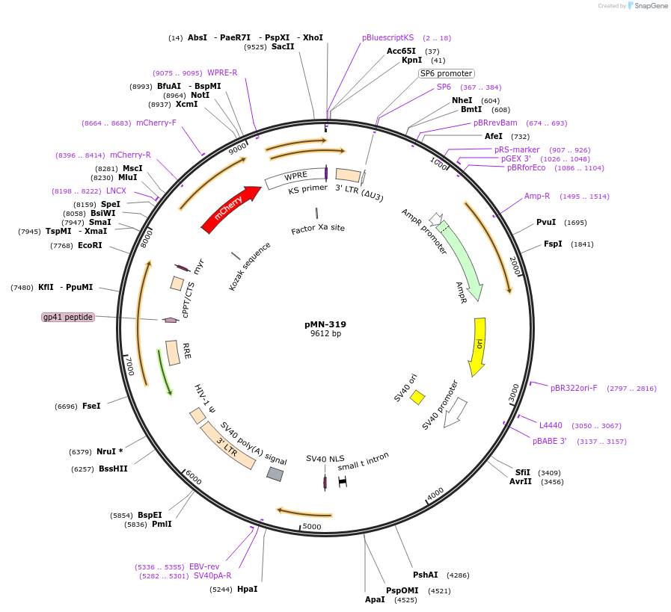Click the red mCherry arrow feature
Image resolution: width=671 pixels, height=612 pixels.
click(x=230, y=210)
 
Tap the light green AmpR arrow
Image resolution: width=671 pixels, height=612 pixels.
click(x=462, y=259)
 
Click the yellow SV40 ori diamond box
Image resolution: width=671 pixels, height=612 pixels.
click(x=417, y=397)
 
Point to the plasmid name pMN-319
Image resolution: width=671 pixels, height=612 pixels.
click(x=325, y=324)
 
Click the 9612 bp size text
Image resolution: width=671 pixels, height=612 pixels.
click(x=325, y=334)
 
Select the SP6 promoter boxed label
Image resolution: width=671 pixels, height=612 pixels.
click(x=446, y=73)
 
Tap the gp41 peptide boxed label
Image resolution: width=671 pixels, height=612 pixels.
click(x=68, y=317)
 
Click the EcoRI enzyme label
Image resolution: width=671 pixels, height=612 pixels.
click(x=90, y=245)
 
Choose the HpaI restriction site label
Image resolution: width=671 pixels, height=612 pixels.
click(x=247, y=589)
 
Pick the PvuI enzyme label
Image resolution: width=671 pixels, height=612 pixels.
click(x=546, y=222)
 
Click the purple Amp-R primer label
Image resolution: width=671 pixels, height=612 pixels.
click(x=537, y=196)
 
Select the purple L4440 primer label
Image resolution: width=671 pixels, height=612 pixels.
click(x=551, y=425)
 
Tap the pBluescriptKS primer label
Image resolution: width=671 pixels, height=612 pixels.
click(x=387, y=37)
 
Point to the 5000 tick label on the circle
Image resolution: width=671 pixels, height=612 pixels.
click(x=311, y=528)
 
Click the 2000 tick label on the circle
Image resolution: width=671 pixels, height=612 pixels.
click(x=515, y=265)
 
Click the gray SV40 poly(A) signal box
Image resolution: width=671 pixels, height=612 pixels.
click(x=275, y=474)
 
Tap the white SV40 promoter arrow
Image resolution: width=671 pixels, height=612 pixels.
click(x=454, y=412)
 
